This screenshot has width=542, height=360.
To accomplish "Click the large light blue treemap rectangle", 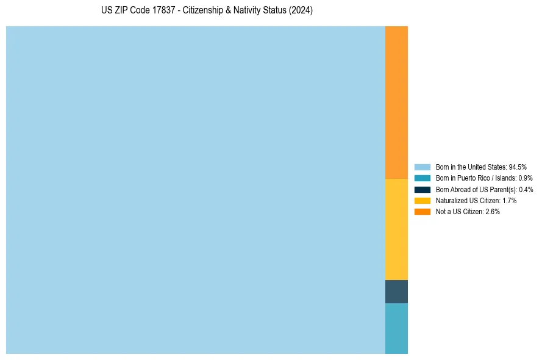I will (195, 190).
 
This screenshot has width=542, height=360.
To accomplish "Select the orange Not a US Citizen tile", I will (396, 102).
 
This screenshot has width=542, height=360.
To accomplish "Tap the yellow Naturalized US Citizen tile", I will (396, 229).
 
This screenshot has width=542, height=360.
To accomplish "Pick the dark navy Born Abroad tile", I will (396, 292).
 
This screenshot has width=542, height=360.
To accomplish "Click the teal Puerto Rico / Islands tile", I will (396, 328).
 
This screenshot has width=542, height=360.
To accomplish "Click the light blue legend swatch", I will (423, 167).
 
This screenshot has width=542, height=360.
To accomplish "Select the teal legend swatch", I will (423, 178).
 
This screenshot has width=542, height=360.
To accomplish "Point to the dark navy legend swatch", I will (423, 189).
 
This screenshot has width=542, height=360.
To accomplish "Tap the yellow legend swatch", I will (423, 200).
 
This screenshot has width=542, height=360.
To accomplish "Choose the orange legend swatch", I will (423, 212).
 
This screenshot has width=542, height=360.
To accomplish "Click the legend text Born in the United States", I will (471, 167).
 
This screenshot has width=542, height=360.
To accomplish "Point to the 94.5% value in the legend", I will (518, 167).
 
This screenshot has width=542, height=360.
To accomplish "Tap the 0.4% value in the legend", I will (526, 190).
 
